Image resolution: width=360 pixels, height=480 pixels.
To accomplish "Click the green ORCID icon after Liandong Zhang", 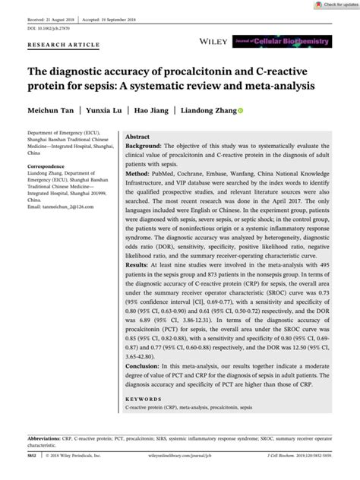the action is click(241, 111).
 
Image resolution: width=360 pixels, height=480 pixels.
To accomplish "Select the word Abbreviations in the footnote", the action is click(48, 439).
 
